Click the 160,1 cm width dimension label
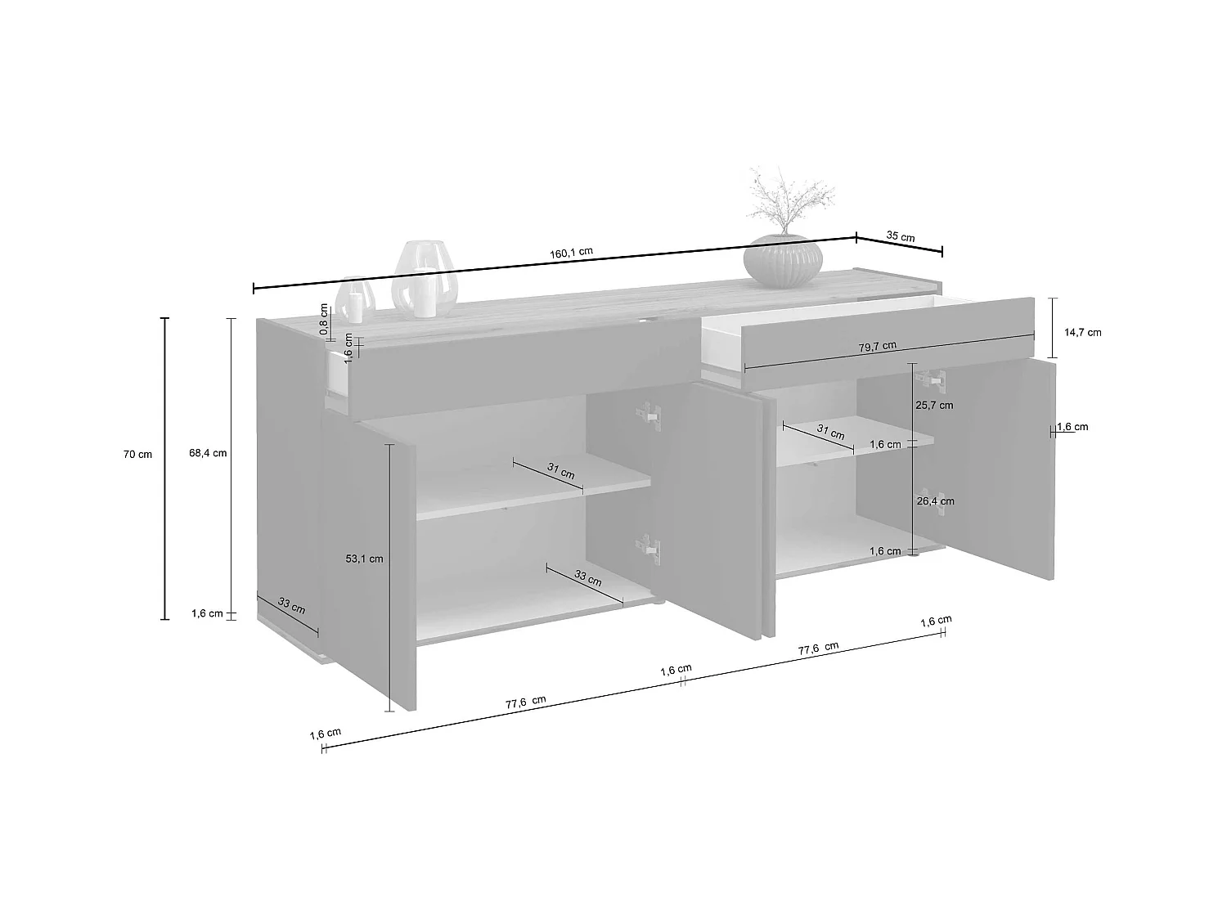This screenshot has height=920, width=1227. coord(572,252)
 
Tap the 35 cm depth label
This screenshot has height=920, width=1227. coord(901,236)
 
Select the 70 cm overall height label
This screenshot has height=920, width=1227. coord(137,455)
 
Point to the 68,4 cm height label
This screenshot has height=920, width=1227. coord(208,453)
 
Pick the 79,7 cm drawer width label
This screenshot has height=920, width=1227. coord(877,346)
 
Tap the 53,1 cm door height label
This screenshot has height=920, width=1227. coord(364,559)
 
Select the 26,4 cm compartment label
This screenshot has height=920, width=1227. coord(935,501)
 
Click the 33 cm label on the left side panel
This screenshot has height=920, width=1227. coord(291,606)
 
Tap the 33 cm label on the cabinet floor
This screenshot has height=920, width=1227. coord(587,578)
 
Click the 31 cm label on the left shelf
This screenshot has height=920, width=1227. coord(561,471)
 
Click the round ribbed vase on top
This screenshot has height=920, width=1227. coord(783,261)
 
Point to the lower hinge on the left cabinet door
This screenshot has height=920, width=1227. coord(649,547)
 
